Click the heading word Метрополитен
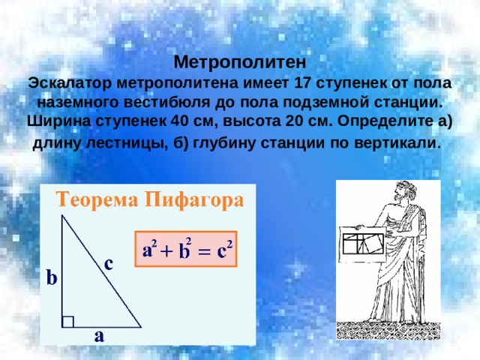pos(240,63)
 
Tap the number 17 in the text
pos(301,83)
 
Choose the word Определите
pos(383,121)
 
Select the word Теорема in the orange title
pos(97,200)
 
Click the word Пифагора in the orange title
pos(194,201)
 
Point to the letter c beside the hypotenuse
pos(109,264)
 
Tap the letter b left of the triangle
pos(52,277)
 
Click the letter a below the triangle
pos(99,336)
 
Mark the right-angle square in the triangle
pos(67,322)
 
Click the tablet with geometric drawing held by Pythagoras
pos(363,244)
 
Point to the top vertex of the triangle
pos(62,215)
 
